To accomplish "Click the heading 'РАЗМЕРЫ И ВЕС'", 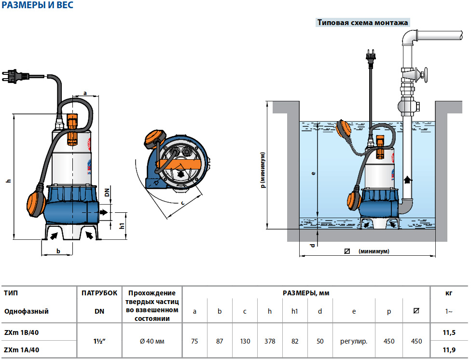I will (x=38, y=6).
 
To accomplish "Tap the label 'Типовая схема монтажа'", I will (x=362, y=23).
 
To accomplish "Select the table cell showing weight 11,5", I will (x=449, y=333).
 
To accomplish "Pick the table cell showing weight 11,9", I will (x=449, y=350).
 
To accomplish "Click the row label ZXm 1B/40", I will (x=22, y=333).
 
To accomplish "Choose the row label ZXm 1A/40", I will (x=22, y=350).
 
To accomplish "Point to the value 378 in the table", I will (x=270, y=341).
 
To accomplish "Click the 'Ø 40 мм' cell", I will (x=152, y=341).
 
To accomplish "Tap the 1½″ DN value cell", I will (x=99, y=341).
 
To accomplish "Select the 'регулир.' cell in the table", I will (x=354, y=341).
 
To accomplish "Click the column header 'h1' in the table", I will (x=295, y=311).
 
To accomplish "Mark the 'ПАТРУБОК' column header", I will (x=99, y=293).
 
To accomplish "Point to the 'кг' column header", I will (x=449, y=293).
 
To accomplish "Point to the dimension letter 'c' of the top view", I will (x=182, y=203).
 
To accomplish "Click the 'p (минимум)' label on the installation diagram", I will (x=263, y=170).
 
